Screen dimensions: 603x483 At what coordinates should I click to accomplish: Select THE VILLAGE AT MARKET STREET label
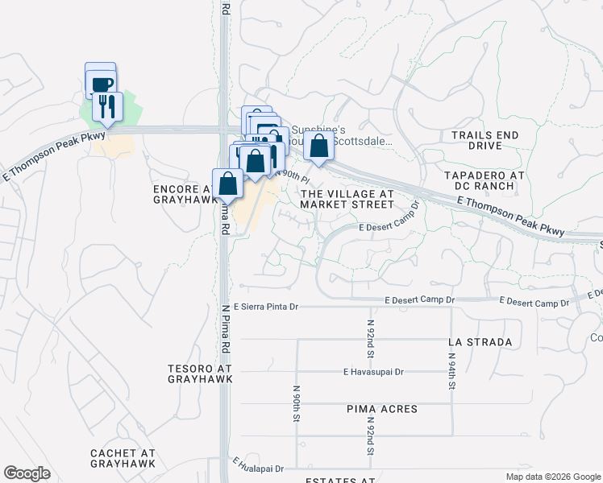click(x=347, y=199)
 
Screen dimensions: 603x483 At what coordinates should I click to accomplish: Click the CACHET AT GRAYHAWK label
click(x=123, y=459)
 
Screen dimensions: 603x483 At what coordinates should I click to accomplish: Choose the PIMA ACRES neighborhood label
click(x=382, y=409)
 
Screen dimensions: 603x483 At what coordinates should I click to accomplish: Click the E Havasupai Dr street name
click(x=372, y=372)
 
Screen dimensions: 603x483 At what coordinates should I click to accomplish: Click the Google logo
click(x=27, y=473)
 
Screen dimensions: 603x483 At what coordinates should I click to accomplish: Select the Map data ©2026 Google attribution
click(x=552, y=477)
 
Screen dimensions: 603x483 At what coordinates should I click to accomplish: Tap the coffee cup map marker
click(x=102, y=84)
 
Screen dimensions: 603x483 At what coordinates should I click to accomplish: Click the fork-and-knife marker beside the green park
click(x=107, y=105)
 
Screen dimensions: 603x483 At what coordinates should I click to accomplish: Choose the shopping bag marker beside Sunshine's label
click(x=319, y=147)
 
